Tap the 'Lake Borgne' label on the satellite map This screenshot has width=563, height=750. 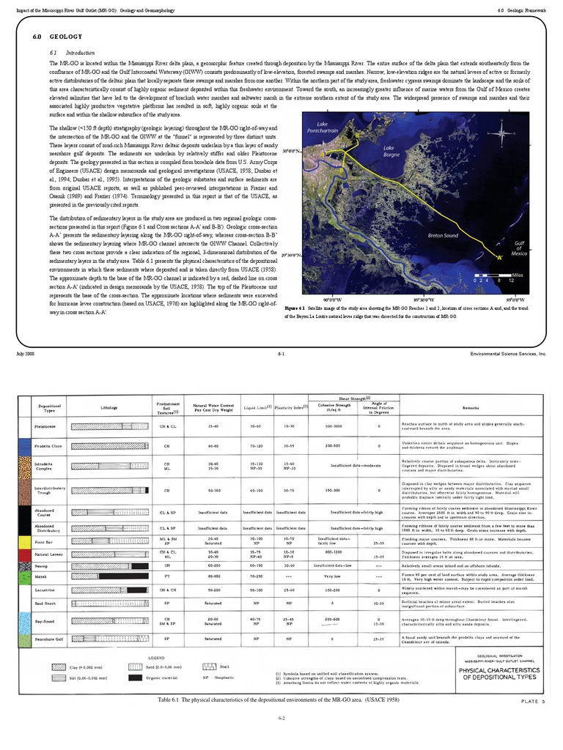(x=394, y=152)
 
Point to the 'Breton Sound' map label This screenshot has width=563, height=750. (x=444, y=236)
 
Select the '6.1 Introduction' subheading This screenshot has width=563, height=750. (x=66, y=53)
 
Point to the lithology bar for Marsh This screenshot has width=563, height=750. (x=109, y=577)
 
